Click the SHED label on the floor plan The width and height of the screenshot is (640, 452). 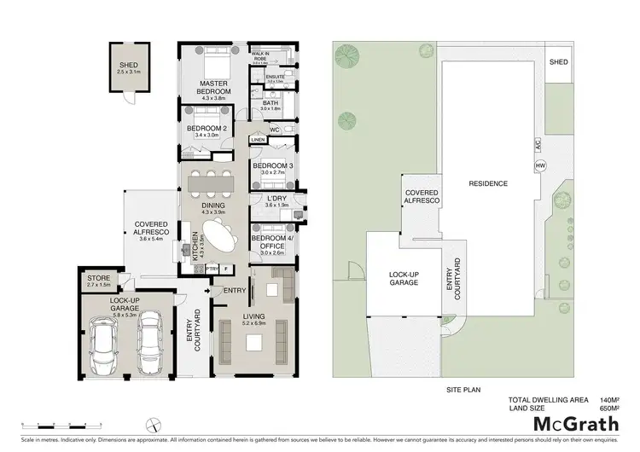pyautogui.click(x=129, y=65)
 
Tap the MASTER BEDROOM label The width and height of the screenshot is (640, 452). pyautogui.click(x=213, y=87)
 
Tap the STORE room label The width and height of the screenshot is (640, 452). pyautogui.click(x=99, y=278)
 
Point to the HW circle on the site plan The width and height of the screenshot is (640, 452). pyautogui.click(x=539, y=165)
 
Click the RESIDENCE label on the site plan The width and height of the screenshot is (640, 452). pyautogui.click(x=488, y=183)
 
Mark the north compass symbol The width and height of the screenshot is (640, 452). pyautogui.click(x=150, y=424)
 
